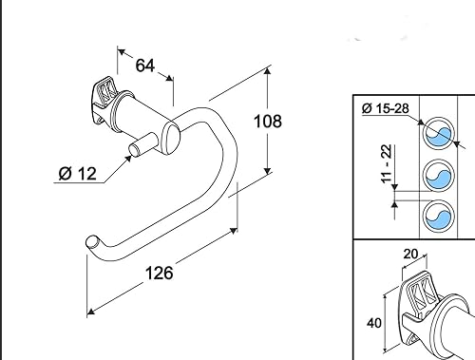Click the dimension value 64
click(145, 66)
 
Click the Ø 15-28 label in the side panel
click(388, 109)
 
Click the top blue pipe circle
click(438, 135)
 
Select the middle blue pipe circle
click(438, 177)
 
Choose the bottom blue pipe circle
click(438, 218)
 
